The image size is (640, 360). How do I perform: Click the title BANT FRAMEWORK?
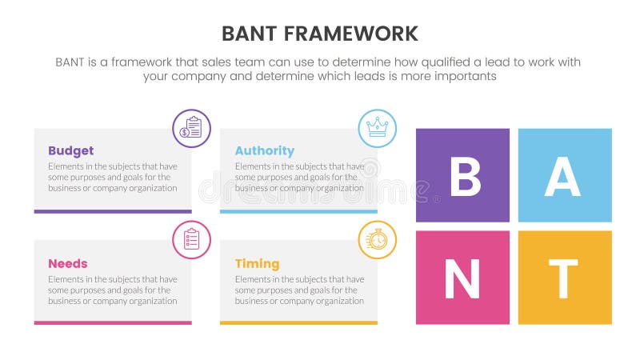tap(319, 34)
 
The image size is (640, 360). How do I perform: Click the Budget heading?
tap(70, 150)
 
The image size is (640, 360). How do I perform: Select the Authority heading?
tap(264, 150)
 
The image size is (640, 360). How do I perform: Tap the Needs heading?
tap(67, 263)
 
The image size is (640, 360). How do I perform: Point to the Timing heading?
tap(257, 263)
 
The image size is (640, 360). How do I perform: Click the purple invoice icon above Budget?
tap(192, 128)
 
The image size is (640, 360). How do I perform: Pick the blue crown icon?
tap(377, 128)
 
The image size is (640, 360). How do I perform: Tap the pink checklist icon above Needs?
tap(192, 240)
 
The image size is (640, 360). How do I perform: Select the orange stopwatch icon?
tap(377, 240)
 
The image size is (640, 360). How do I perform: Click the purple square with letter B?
tap(462, 175)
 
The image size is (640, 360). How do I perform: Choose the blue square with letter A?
tap(565, 175)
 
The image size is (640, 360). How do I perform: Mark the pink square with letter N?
tap(462, 278)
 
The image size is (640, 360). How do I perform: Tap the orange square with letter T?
tap(565, 278)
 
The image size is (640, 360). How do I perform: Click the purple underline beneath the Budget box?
tap(113, 211)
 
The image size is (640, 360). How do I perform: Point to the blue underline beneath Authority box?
tap(298, 211)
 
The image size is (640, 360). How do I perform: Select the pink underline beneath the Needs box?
tap(113, 322)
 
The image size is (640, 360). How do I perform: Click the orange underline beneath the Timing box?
tap(298, 322)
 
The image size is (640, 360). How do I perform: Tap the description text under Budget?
tap(113, 177)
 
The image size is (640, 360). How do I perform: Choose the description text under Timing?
tap(298, 290)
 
